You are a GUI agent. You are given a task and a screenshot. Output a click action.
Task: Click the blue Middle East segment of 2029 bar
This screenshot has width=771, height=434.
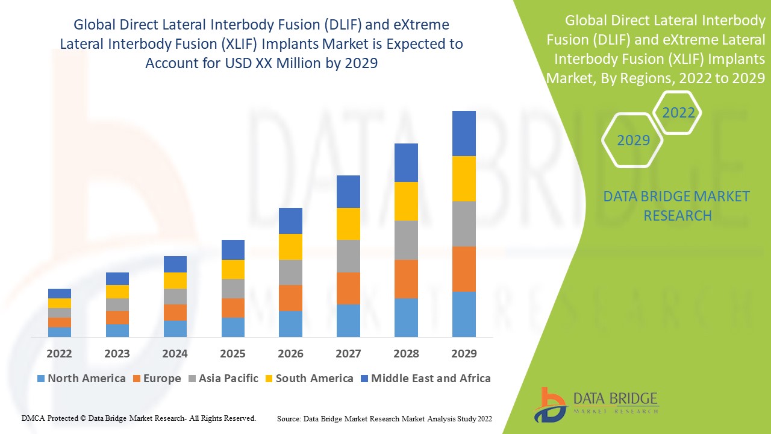coord(464,133)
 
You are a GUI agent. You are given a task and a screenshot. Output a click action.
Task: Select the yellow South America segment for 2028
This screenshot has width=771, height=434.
coord(406,201)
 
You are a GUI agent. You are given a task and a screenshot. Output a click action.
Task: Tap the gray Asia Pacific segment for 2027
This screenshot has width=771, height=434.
coord(348,256)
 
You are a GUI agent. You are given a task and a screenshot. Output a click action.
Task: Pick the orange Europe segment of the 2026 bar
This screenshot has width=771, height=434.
coord(290,298)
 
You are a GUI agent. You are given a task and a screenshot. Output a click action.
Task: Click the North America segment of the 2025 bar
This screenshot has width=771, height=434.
coord(233,327)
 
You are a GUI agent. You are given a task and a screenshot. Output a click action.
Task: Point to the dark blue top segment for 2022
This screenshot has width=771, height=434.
coord(60,294)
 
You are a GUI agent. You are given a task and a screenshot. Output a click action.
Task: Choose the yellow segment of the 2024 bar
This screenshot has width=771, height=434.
coord(175,280)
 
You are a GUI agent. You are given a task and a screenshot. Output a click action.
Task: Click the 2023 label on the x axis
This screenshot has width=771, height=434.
coord(117,353)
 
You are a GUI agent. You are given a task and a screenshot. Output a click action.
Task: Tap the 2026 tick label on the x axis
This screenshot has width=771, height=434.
coord(290,353)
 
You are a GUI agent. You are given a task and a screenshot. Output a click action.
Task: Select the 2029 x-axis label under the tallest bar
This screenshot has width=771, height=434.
coord(464,353)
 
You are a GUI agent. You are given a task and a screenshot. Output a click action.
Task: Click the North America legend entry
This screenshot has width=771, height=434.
coord(81,379)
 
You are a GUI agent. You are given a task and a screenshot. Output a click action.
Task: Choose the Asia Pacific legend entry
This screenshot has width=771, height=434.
coord(222,379)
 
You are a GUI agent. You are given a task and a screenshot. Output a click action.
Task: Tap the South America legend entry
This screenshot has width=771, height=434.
coord(308,379)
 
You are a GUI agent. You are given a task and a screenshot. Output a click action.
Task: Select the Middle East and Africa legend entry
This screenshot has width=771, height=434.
coord(425,379)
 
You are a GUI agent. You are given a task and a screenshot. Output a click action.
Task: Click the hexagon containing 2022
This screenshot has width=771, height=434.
coord(678,113)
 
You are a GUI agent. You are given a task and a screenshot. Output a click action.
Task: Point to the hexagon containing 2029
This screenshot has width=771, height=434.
coord(633,140)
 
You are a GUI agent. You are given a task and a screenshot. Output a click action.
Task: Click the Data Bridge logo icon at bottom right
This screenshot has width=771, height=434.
coord(550,403)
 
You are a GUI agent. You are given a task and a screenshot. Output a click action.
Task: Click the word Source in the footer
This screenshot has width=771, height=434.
coord(289,418)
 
